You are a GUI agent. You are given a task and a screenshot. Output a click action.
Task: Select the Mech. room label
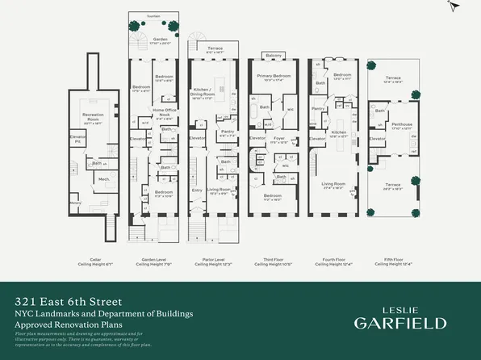point(103,179)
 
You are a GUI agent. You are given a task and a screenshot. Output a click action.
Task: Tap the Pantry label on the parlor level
point(228,134)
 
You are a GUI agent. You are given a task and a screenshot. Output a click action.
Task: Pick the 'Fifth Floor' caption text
point(393,260)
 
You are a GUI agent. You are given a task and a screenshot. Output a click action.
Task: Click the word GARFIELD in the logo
point(400,323)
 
